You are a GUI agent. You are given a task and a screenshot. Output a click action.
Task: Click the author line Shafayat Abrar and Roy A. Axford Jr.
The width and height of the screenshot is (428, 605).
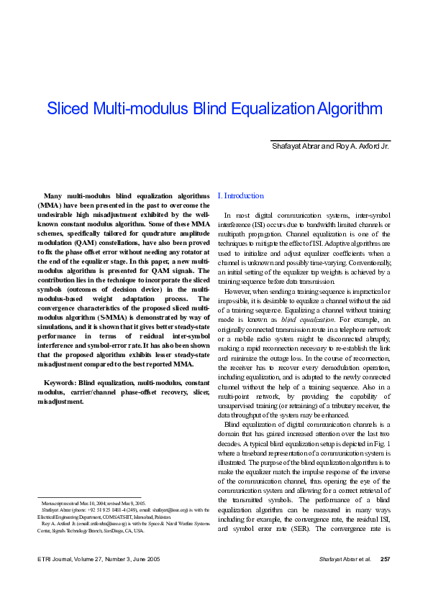[331, 147]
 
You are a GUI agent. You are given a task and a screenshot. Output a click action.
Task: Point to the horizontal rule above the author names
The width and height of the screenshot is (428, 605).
[330, 140]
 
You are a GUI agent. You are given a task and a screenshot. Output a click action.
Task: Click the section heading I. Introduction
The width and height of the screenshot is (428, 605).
[240, 195]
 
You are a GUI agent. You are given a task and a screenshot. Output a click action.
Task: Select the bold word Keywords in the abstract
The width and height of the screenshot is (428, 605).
[60, 382]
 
